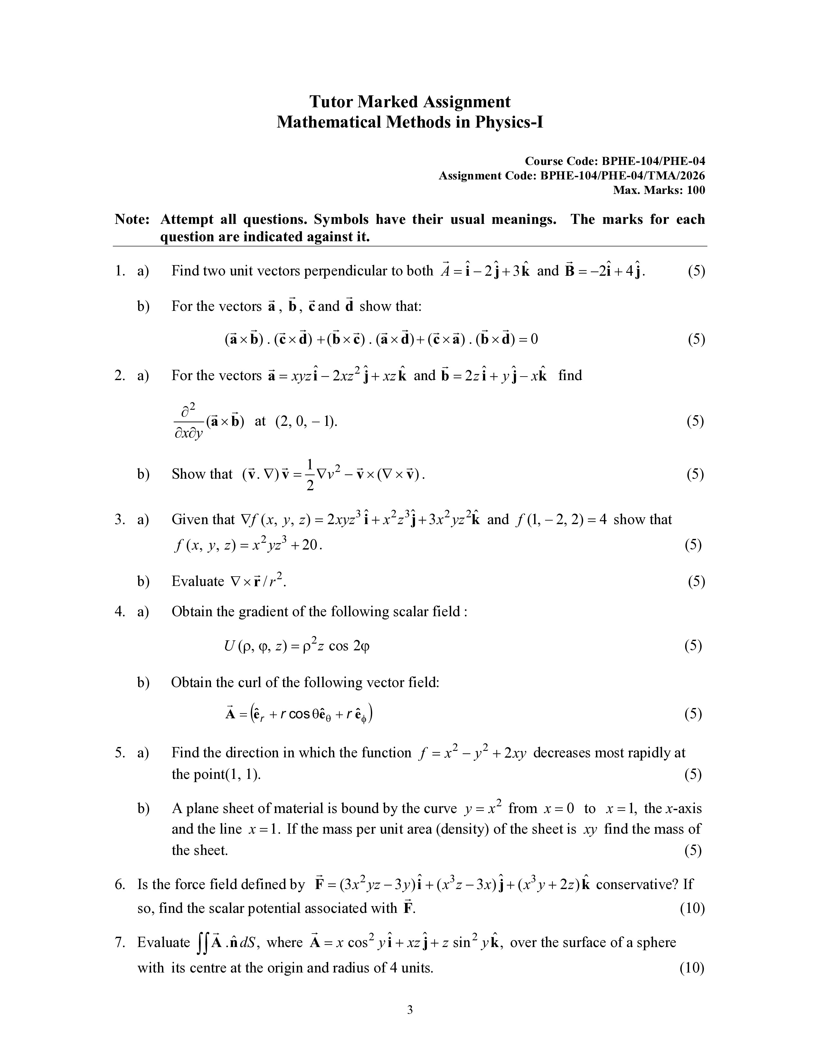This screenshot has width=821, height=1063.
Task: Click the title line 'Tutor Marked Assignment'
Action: (x=410, y=102)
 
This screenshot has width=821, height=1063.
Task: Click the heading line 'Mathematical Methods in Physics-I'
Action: (x=410, y=122)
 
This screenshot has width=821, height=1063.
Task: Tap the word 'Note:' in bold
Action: (x=132, y=219)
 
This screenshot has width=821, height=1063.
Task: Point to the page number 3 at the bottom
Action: (x=410, y=1010)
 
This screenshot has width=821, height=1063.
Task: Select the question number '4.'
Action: (x=120, y=611)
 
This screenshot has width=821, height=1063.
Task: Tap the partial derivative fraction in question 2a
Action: (x=188, y=422)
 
